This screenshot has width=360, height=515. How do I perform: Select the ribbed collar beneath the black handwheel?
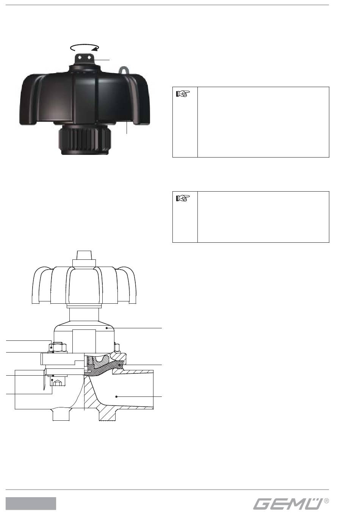pos(85,140)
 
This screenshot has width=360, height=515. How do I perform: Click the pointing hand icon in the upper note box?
pos(183,94)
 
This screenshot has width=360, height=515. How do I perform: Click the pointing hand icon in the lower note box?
pos(183,198)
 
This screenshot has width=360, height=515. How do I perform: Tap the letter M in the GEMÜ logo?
pos(298,504)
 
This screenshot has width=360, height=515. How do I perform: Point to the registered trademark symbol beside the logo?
pos(326,501)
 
